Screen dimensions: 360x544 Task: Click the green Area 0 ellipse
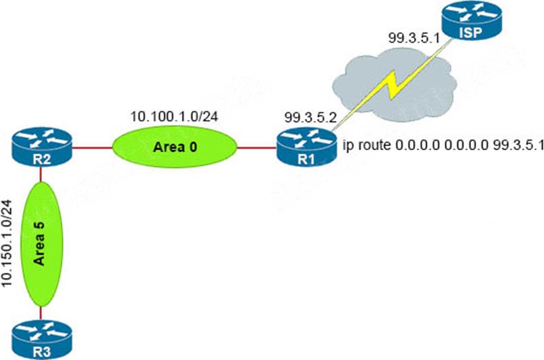[x=175, y=145]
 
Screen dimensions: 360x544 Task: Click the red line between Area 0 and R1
[x=257, y=145]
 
